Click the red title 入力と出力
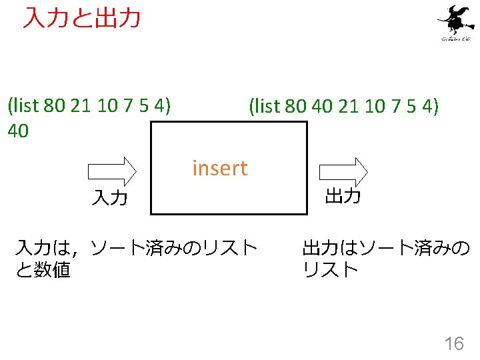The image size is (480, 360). [x=81, y=18]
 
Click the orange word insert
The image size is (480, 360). [x=219, y=168]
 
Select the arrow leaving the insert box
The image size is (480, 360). [x=342, y=171]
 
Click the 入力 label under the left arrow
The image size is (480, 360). [x=110, y=197]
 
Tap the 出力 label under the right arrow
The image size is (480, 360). [x=343, y=196]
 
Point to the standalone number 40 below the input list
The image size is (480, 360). [x=17, y=131]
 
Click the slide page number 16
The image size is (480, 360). [x=453, y=344]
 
